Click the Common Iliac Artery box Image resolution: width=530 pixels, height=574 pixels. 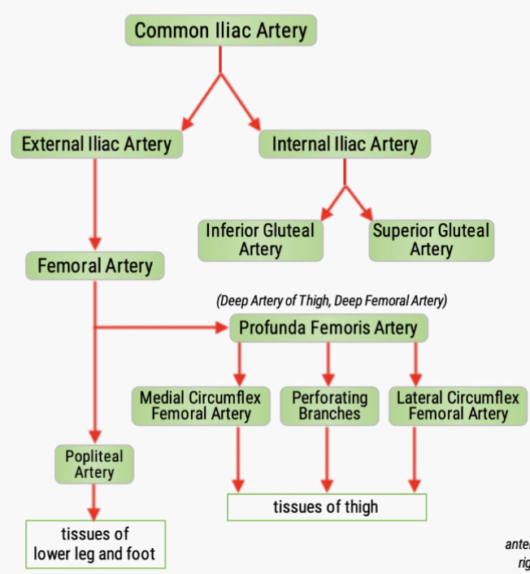(x=220, y=31)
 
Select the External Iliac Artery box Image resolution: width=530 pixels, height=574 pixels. (x=96, y=145)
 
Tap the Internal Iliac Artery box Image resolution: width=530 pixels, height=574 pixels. (x=344, y=145)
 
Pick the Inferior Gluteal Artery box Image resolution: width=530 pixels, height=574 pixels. (x=260, y=240)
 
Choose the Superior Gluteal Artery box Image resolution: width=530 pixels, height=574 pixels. (x=431, y=240)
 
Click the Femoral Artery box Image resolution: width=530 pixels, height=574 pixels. (x=94, y=266)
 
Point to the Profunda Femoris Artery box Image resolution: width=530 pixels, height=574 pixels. (x=328, y=328)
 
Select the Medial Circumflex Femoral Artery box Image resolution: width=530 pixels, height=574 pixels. (x=200, y=406)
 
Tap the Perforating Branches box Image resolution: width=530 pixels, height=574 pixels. (x=329, y=406)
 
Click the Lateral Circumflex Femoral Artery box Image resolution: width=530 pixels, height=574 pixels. (x=458, y=406)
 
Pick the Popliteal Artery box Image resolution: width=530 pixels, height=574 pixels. (x=94, y=464)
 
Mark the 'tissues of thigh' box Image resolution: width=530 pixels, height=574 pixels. (x=326, y=507)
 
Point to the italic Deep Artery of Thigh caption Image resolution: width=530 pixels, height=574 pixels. (x=332, y=301)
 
